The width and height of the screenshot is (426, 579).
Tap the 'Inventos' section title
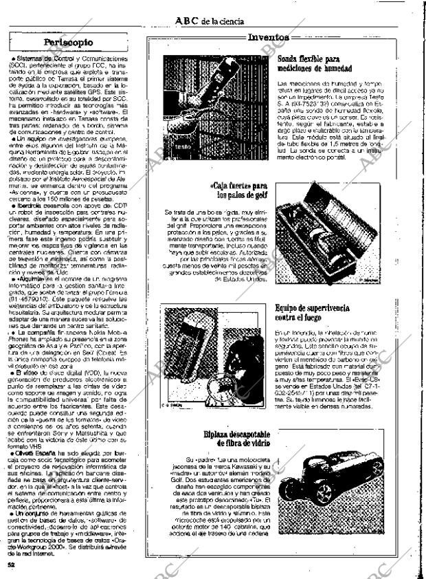pos(269,38)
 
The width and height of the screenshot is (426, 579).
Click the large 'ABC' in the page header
pos(187,21)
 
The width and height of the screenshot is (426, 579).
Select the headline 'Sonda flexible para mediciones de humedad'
pos(314,64)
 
